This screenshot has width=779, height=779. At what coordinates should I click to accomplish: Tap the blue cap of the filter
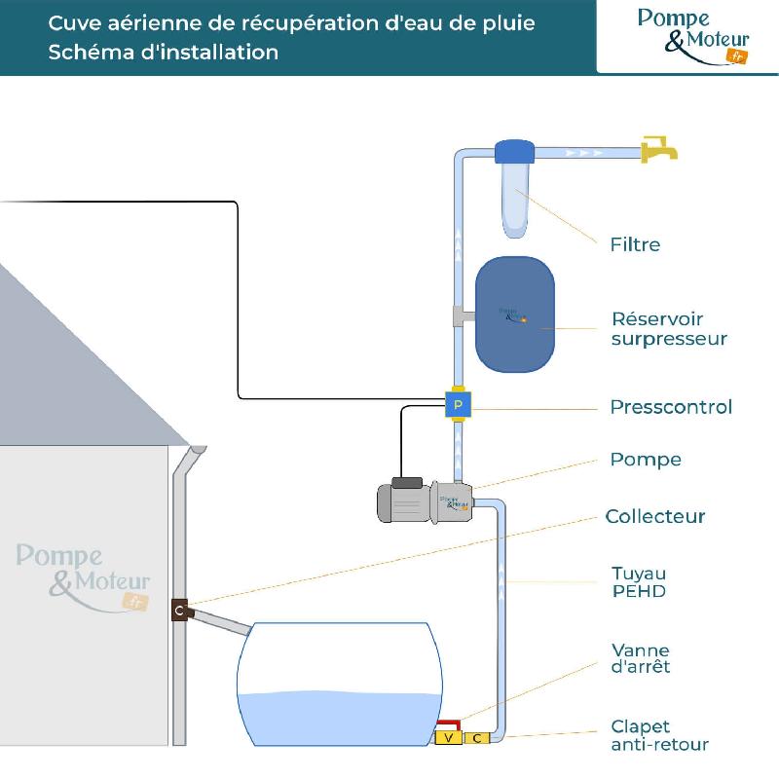[x=514, y=152]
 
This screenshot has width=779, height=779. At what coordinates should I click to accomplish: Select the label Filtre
[x=634, y=244]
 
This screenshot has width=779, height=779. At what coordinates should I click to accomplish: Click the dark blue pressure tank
[x=515, y=315]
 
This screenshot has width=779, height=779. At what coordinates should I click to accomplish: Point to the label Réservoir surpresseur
[x=669, y=329]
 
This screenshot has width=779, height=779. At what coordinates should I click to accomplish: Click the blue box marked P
[x=459, y=403]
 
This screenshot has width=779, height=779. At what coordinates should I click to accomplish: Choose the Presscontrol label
[x=671, y=407]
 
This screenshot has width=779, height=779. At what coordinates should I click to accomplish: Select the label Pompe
[x=646, y=460]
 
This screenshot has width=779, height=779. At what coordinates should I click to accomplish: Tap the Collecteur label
[x=655, y=516]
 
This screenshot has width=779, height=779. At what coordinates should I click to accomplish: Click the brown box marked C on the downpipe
[x=179, y=611]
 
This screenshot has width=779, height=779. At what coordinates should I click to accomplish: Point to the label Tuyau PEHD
[x=639, y=582]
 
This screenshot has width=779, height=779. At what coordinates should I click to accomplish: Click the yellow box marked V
[x=448, y=738]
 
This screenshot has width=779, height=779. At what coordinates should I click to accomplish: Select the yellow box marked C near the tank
[x=477, y=738]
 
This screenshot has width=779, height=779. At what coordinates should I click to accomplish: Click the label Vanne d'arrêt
[x=641, y=658]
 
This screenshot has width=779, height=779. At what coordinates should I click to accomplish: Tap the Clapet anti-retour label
[x=659, y=736]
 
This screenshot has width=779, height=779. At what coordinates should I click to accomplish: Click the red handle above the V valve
[x=449, y=723]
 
